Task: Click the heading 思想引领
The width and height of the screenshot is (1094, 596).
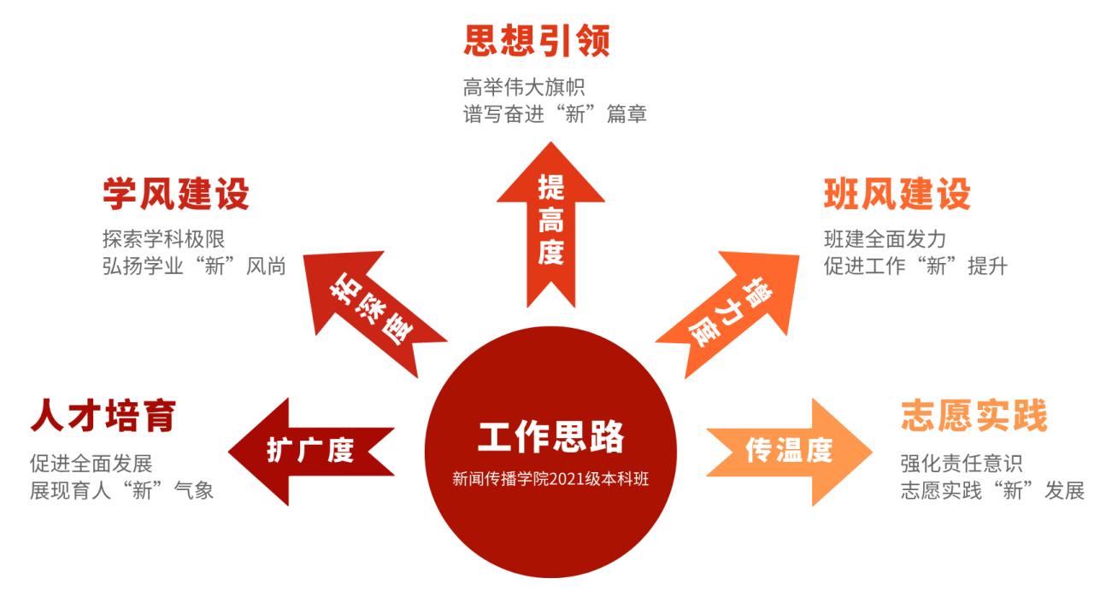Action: (x=537, y=40)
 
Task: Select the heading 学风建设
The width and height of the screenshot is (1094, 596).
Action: (x=176, y=194)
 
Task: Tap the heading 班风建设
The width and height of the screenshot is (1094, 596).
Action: (x=897, y=194)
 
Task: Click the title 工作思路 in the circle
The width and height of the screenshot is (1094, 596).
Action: (x=551, y=436)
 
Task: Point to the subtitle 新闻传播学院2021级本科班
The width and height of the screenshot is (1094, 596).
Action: (x=551, y=479)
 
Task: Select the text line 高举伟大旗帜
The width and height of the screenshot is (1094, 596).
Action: (x=524, y=87)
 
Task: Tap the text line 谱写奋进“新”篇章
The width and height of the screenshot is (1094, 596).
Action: (x=555, y=114)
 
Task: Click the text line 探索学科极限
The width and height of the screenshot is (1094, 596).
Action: (x=163, y=239)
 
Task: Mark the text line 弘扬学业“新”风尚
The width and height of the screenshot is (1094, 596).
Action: (x=194, y=266)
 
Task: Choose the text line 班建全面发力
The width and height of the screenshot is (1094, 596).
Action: (x=885, y=239)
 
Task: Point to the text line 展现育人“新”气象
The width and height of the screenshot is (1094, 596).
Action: (x=121, y=491)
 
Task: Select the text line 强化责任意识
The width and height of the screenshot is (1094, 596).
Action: (x=962, y=464)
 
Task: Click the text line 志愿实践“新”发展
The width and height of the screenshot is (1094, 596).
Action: (x=992, y=491)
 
